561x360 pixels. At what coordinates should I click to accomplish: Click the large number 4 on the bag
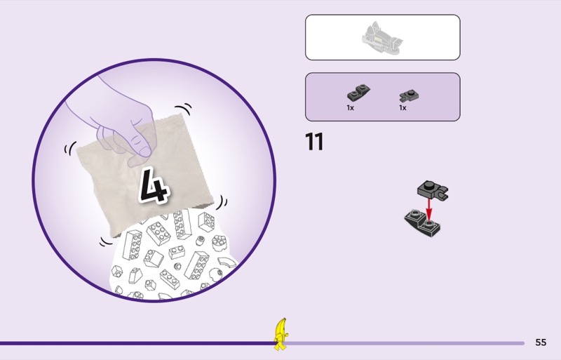(155, 185)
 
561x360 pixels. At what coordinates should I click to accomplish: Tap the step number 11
(314, 142)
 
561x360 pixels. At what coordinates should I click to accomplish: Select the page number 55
(541, 342)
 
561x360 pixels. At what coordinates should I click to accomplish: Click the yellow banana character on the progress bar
(280, 334)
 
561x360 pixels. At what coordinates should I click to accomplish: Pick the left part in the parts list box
(358, 94)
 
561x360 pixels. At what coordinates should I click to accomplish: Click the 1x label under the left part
(350, 108)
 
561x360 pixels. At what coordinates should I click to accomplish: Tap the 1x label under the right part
(403, 108)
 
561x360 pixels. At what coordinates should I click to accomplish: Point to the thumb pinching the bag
(141, 143)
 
